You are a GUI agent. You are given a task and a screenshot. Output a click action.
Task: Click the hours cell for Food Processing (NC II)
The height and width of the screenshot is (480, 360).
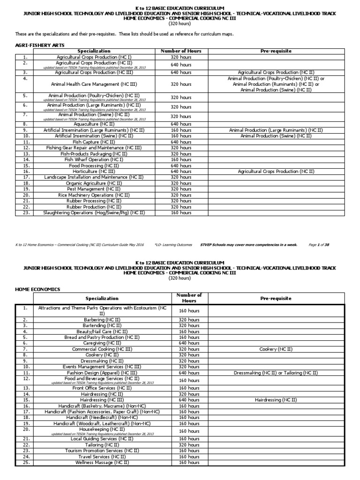pyautogui.click(x=180, y=165)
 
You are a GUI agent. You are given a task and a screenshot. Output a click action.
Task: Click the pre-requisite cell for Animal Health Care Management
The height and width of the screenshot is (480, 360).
pyautogui.click(x=276, y=84)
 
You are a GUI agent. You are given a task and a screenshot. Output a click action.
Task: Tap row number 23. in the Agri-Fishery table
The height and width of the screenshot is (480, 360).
pyautogui.click(x=26, y=212)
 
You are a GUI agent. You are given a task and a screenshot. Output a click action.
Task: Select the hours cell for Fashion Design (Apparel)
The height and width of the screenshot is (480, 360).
pyautogui.click(x=189, y=373)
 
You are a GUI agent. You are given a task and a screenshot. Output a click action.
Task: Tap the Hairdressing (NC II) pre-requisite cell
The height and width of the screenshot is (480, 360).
pyautogui.click(x=276, y=400)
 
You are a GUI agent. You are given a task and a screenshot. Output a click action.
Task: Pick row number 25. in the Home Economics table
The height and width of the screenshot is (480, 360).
pyautogui.click(x=26, y=462)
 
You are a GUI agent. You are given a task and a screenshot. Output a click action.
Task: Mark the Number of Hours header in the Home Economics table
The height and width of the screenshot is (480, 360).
pyautogui.click(x=189, y=298)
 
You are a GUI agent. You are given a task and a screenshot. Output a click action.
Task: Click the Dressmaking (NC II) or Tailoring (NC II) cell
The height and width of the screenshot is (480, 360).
pyautogui.click(x=276, y=373)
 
